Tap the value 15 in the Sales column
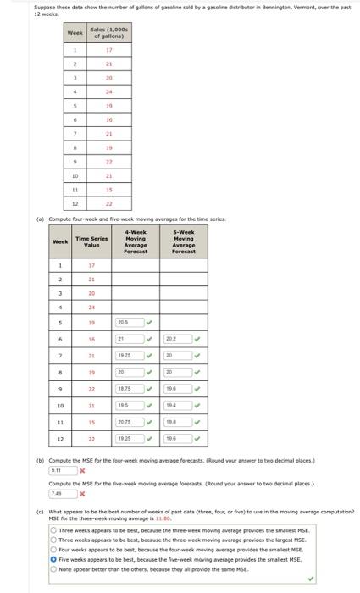tap(109, 191)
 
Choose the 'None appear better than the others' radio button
tap(53, 570)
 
